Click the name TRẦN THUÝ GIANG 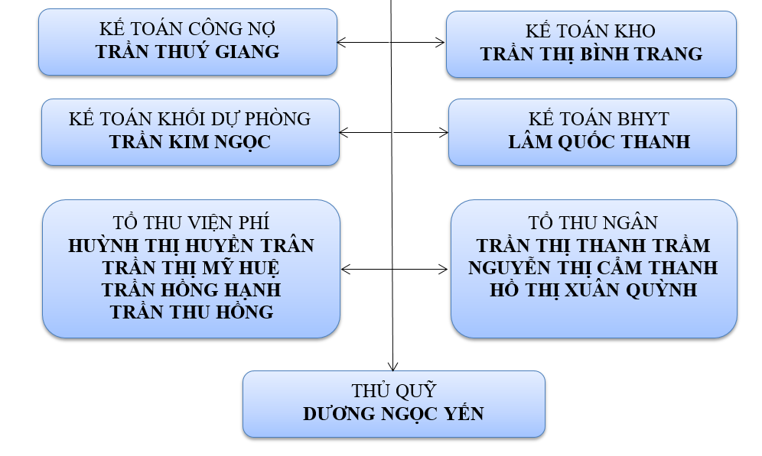click(187, 52)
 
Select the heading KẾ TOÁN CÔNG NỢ click(187, 30)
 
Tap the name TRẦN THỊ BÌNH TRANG click(591, 54)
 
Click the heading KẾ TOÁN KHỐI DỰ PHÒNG click(190, 120)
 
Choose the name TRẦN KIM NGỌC click(190, 142)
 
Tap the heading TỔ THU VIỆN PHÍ click(190, 224)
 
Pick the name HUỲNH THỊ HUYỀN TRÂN click(191, 246)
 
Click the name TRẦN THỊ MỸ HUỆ click(191, 268)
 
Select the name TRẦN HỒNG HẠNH click(191, 290)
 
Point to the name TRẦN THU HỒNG click(191, 312)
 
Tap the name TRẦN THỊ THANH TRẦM click(593, 246)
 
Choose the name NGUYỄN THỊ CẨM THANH click(593, 268)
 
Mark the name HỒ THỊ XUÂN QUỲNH click(593, 290)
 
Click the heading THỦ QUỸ click(393, 391)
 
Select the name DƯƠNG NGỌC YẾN click(393, 414)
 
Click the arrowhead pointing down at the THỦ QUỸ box click(392, 366)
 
